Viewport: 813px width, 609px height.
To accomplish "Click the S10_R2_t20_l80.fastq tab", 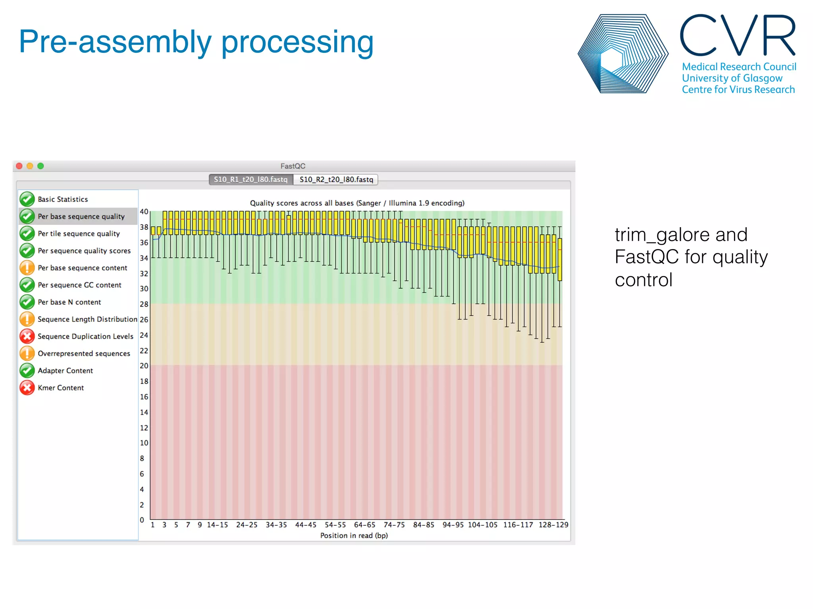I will tap(336, 180).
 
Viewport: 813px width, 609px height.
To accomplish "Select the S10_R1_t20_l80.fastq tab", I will tap(250, 180).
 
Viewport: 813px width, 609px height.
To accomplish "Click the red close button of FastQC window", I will tap(19, 166).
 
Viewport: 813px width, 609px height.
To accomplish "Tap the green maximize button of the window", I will tap(40, 166).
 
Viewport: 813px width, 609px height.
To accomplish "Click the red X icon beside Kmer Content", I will tap(27, 388).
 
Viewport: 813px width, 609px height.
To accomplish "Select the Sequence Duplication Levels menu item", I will tap(85, 336).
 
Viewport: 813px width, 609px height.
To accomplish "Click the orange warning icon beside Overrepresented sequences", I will tap(27, 353).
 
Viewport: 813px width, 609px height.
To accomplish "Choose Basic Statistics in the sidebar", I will tap(63, 199).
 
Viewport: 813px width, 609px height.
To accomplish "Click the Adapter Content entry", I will tap(65, 371).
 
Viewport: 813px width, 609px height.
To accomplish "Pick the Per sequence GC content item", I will tap(79, 285).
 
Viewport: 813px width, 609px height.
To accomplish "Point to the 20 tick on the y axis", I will tap(144, 366).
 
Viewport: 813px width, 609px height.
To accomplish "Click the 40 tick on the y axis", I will tap(144, 212).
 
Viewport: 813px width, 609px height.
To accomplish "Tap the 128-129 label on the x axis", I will tap(553, 525).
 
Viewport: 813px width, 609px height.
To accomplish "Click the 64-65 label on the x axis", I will tap(364, 525).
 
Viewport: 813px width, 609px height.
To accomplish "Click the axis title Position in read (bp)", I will tap(354, 536).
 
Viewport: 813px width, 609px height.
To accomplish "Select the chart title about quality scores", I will tap(357, 203).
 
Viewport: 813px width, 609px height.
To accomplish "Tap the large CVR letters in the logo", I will tap(738, 36).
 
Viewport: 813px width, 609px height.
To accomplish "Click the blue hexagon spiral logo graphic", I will tap(622, 54).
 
